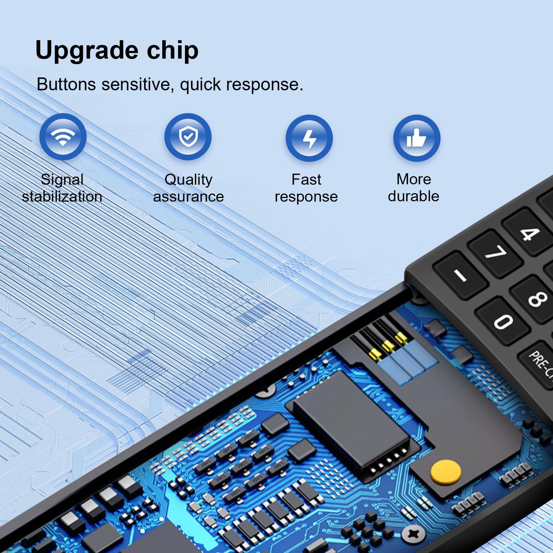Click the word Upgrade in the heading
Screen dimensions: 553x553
click(x=87, y=51)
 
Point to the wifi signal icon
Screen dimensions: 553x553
click(x=63, y=137)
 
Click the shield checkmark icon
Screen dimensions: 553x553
click(x=188, y=137)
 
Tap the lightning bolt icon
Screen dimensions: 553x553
click(x=309, y=138)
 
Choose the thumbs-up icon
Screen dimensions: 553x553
click(x=417, y=138)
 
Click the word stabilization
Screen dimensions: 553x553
click(x=62, y=196)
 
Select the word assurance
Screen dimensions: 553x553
click(x=188, y=197)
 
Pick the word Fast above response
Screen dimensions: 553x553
click(x=306, y=180)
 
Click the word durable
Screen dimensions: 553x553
click(x=414, y=196)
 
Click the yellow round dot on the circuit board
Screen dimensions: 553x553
click(x=446, y=472)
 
